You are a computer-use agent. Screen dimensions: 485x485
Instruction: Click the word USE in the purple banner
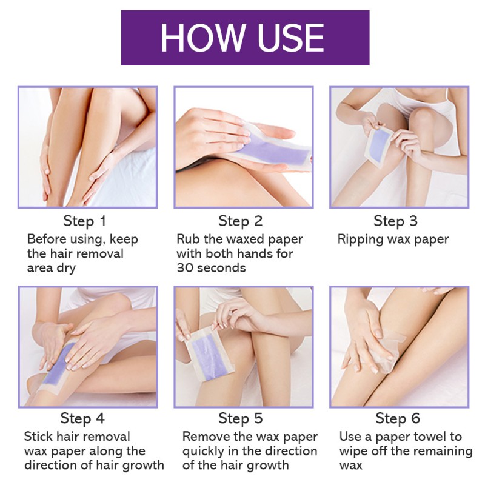288,38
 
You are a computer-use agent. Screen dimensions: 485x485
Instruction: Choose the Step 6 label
398,418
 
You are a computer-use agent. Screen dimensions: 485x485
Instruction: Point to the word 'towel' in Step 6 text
427,436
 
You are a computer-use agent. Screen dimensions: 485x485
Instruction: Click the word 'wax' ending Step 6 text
350,466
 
